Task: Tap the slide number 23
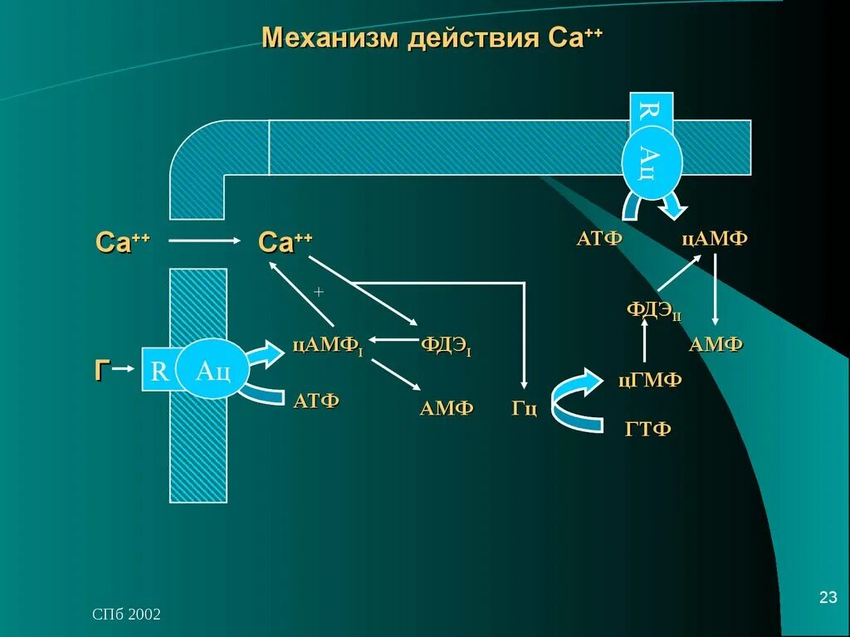pos(828,597)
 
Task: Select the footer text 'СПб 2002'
pos(126,615)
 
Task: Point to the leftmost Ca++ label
pos(123,242)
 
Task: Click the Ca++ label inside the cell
pos(286,242)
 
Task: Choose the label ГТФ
pos(647,429)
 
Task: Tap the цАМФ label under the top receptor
pos(715,239)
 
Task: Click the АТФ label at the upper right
pos(599,239)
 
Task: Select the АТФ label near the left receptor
pos(316,401)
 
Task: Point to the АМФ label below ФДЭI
pos(447,407)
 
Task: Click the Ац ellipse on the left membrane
pos(212,370)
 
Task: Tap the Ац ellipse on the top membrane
pos(652,161)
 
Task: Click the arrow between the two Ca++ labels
pos(208,241)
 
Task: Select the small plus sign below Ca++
pos(318,293)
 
